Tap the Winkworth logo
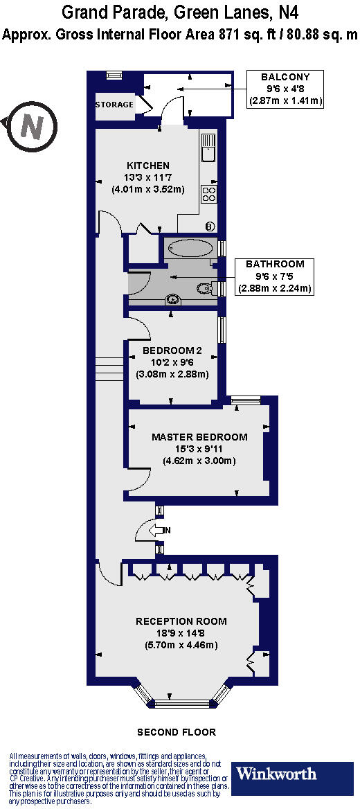276,774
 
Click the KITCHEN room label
147,166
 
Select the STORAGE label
114,105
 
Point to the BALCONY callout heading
286,77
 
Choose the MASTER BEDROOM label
199,437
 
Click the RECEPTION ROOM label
181,621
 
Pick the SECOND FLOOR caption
177,732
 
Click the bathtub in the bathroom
190,248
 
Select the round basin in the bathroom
172,300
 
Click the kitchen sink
209,145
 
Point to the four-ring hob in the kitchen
210,193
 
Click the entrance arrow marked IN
163,531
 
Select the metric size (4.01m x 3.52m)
147,189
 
